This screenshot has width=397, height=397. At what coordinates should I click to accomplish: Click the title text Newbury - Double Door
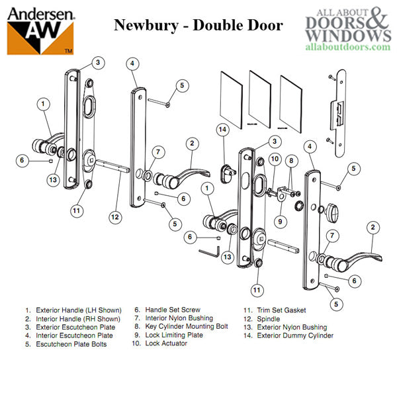coord(198,26)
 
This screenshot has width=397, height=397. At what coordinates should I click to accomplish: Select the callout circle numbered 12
coord(115,216)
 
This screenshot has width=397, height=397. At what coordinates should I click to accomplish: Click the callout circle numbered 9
coord(280,221)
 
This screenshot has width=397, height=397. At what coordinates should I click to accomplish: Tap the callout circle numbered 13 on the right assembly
coord(228,256)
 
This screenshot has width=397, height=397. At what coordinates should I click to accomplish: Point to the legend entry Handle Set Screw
coord(168,310)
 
